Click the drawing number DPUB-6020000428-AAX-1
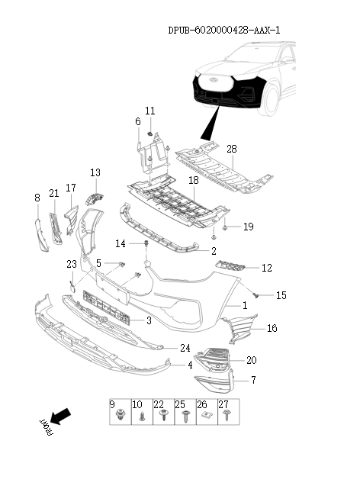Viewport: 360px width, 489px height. [223, 30]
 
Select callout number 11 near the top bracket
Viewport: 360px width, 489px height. [150, 111]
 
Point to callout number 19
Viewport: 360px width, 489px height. [248, 227]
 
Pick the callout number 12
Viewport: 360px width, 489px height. [266, 268]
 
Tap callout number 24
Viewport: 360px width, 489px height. [185, 348]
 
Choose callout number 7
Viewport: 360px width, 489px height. [253, 379]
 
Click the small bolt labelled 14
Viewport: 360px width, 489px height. [145, 244]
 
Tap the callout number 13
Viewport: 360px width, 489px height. [95, 173]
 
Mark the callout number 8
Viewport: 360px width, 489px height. [37, 198]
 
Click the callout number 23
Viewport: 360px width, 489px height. [71, 264]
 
